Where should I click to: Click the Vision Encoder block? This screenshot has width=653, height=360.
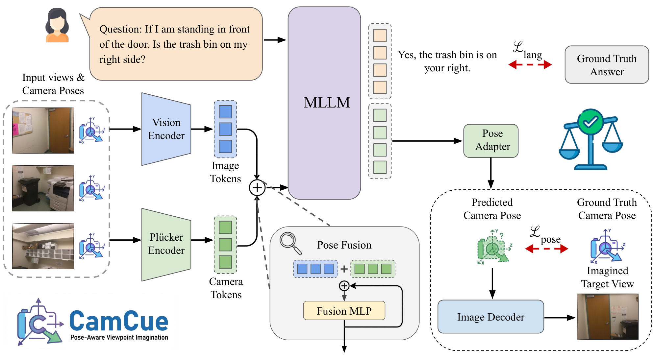pos(166,129)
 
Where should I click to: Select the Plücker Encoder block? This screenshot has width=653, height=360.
pos(166,244)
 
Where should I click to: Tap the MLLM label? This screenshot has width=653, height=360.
pos(327,103)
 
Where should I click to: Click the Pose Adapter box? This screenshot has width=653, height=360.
pos(491,140)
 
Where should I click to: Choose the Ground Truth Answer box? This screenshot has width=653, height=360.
pos(606,65)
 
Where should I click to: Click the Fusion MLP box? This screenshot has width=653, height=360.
pos(344,311)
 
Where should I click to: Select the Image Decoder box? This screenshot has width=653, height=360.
pos(490,317)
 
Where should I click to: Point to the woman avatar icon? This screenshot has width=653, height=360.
pos(57,25)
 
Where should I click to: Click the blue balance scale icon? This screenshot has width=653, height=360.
pos(591,140)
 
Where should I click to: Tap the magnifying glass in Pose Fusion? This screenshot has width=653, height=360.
pos(290,243)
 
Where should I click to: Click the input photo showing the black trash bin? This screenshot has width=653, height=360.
pos(43,188)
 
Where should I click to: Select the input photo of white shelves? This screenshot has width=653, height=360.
pos(43,246)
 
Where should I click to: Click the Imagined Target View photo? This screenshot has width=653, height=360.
pos(607,316)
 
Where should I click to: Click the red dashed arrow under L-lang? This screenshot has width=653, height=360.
pos(530,64)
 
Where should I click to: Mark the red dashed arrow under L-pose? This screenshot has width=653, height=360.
pos(546,249)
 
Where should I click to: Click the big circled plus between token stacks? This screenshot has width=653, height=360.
pos(257,188)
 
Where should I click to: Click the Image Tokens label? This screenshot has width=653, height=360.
pos(225,172)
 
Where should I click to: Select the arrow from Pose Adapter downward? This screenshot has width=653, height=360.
pos(491,173)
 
